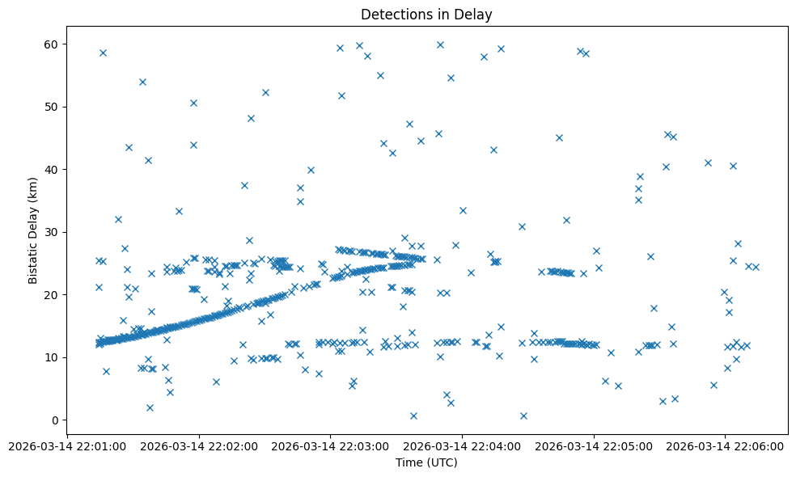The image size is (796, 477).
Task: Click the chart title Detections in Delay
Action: (x=426, y=15)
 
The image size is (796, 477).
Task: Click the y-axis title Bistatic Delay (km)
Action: (x=33, y=230)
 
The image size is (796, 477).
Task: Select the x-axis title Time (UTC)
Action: (x=426, y=462)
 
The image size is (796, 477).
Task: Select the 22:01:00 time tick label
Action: (x=67, y=445)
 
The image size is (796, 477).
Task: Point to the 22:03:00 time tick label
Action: (x=330, y=445)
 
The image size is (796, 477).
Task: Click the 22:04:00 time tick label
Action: (x=462, y=445)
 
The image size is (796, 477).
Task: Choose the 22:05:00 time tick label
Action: (x=594, y=445)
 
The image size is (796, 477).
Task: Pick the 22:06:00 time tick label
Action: (x=725, y=445)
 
